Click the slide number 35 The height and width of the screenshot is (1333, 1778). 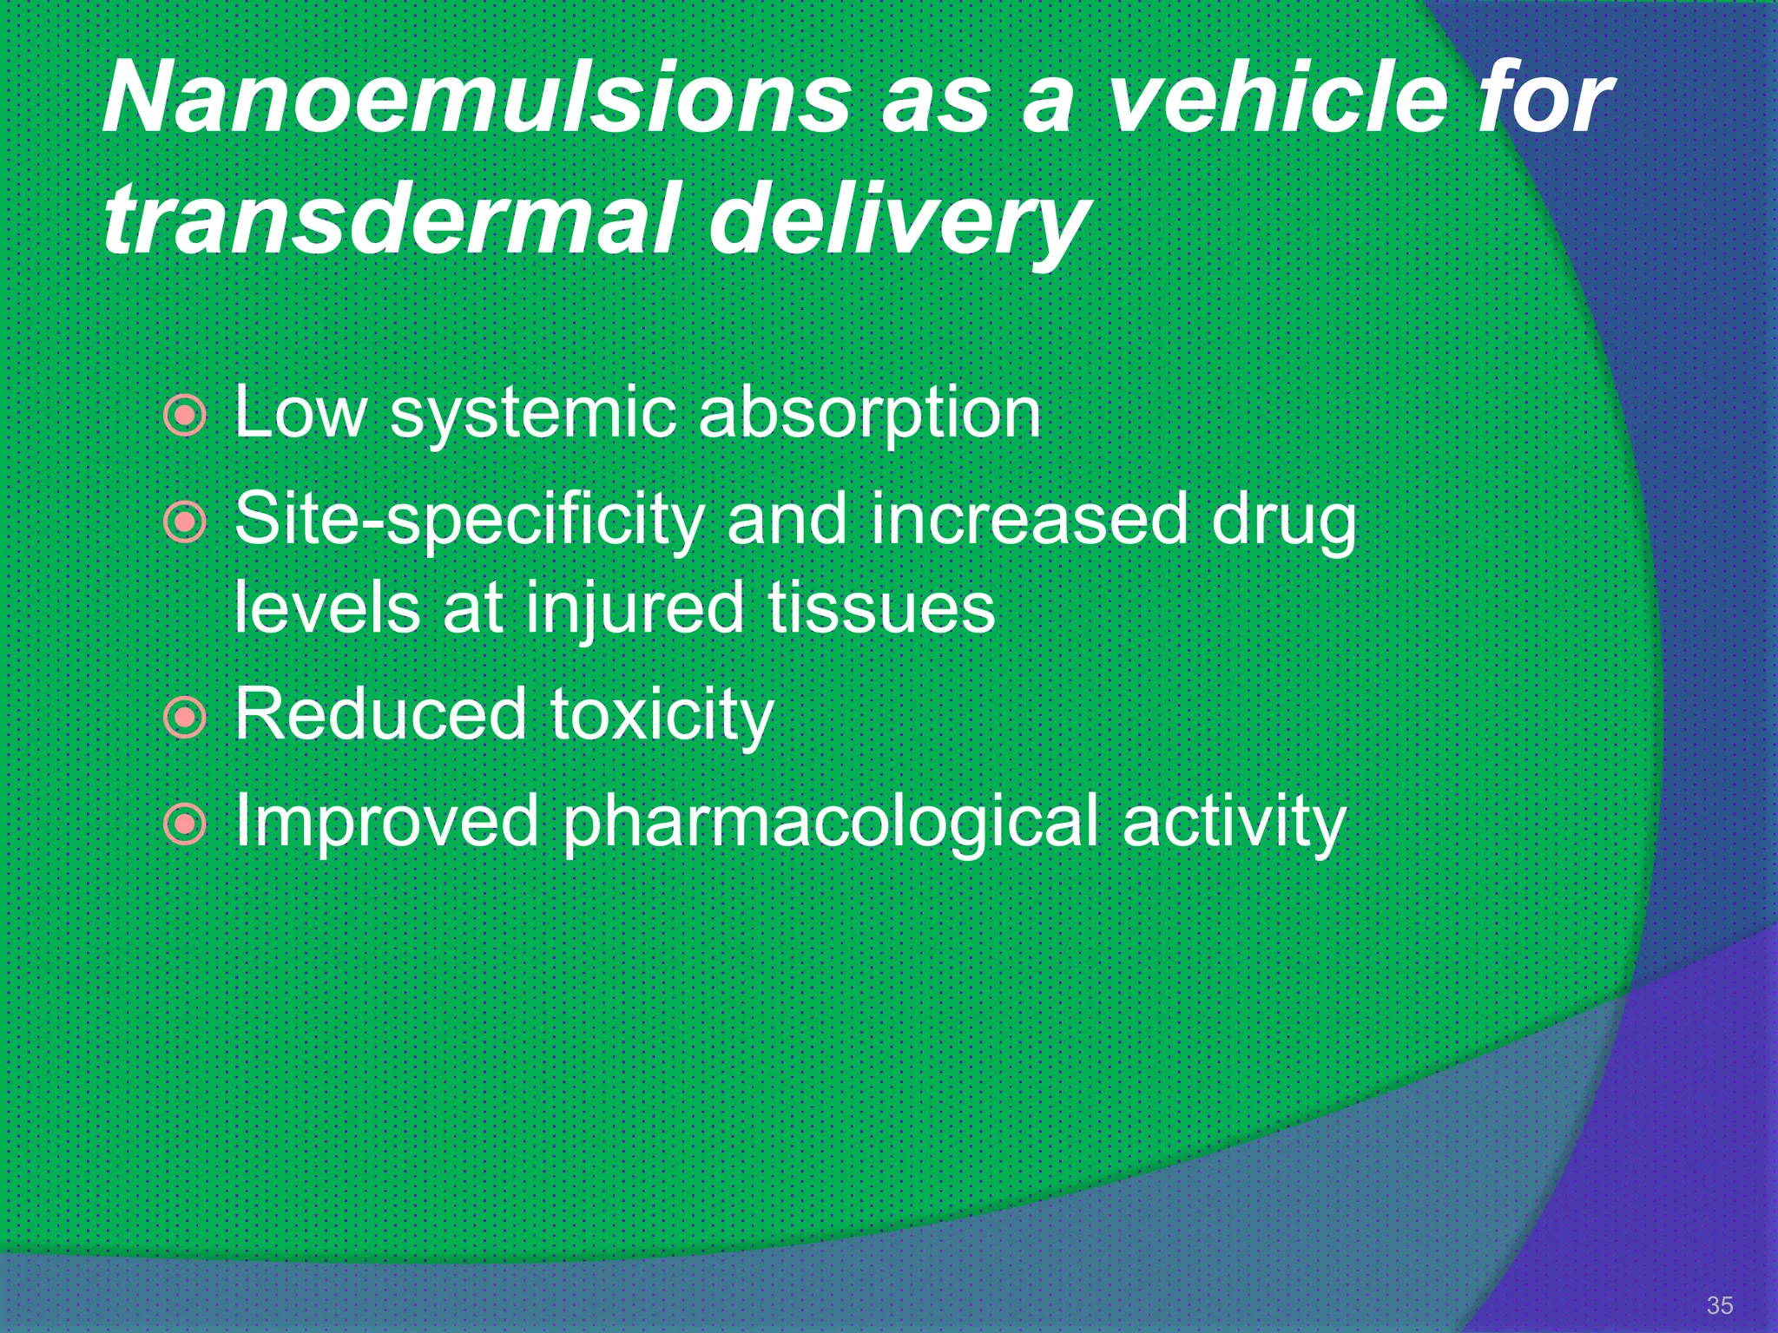pos(1719,1305)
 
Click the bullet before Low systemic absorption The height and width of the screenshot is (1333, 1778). pos(185,417)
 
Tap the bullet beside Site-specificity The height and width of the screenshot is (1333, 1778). pos(185,522)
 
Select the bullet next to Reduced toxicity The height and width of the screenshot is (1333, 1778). pos(185,718)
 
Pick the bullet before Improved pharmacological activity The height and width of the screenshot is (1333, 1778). pos(185,824)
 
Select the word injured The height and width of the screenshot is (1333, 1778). pos(635,609)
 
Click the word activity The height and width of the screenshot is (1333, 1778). pos(1234,823)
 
